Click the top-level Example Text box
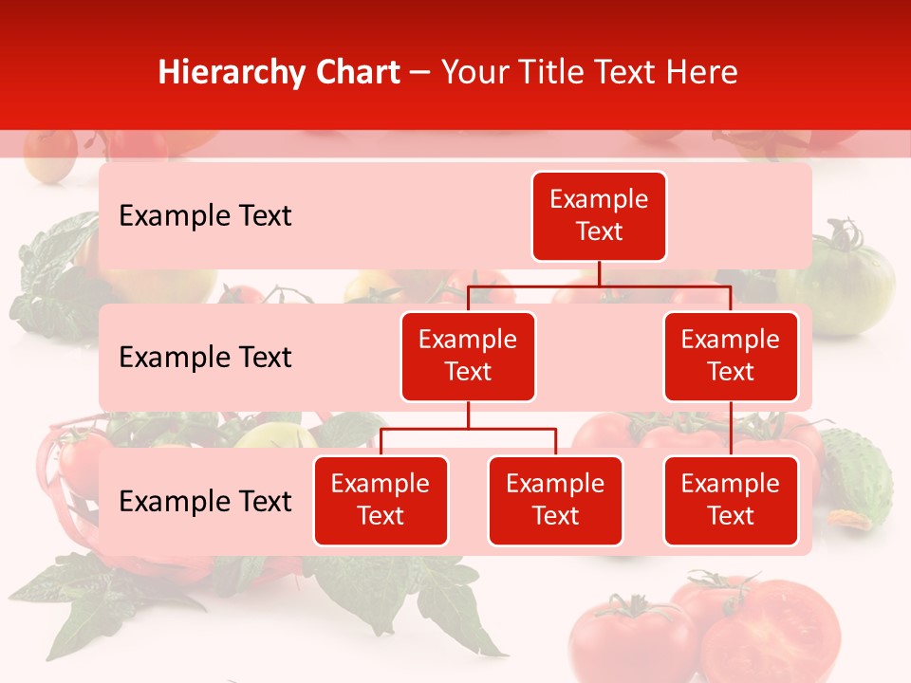tap(599, 216)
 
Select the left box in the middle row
tap(468, 356)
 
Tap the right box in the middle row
tap(731, 356)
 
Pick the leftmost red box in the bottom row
tap(381, 500)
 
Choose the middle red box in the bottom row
tap(555, 500)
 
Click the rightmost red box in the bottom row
tap(731, 500)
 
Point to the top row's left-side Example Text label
tap(205, 216)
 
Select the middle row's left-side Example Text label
tap(205, 358)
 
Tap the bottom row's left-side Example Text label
tap(205, 501)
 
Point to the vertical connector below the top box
tap(599, 273)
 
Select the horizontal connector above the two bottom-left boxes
tap(468, 429)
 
